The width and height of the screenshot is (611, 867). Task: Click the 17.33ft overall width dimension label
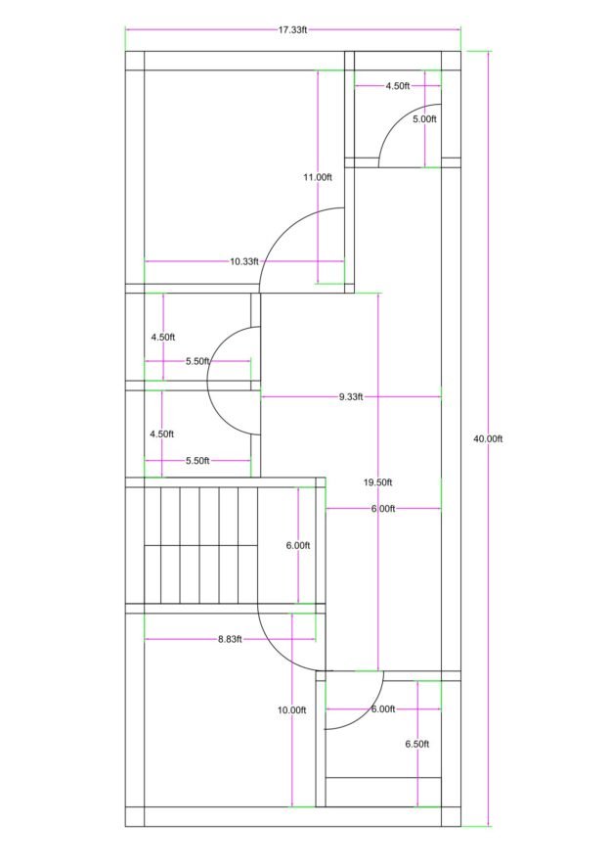tap(292, 30)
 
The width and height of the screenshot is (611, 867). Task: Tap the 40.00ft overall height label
tap(488, 439)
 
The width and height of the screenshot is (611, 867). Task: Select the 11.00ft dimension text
tap(318, 177)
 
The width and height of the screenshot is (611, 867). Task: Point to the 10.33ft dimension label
tap(244, 261)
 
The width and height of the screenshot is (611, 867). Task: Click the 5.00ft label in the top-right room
tap(424, 118)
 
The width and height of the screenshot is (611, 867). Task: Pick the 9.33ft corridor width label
tap(351, 396)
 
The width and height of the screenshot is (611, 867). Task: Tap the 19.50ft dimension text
tap(378, 482)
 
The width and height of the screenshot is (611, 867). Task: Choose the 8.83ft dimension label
tap(230, 639)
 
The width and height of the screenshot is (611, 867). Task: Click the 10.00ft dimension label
tap(291, 710)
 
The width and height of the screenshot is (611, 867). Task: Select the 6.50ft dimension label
tap(417, 745)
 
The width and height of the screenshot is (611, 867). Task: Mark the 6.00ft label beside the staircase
tap(298, 546)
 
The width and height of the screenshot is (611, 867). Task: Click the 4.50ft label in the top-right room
tap(398, 86)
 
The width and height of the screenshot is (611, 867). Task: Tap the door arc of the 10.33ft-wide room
tap(284, 232)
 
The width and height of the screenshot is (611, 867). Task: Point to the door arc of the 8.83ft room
tap(276, 653)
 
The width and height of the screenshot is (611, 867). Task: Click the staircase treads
tap(200, 545)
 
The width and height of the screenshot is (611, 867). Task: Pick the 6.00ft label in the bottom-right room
tap(383, 708)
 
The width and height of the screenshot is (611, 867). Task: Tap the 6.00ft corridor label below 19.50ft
tap(383, 508)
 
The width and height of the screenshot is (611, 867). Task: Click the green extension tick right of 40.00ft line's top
tap(480, 52)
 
